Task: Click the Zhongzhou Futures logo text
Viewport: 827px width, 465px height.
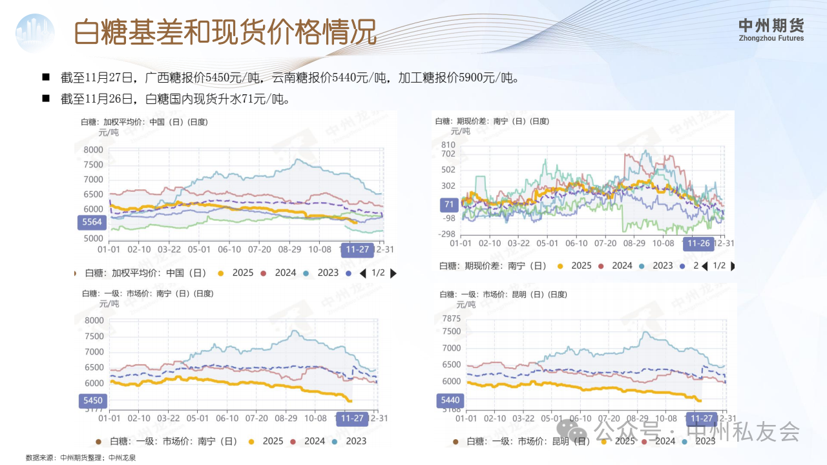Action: [x=771, y=30]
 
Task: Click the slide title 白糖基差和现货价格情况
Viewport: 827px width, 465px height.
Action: [x=225, y=32]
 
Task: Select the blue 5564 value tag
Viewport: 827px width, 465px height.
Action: [x=90, y=222]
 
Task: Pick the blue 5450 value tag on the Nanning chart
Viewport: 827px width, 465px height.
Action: [x=91, y=400]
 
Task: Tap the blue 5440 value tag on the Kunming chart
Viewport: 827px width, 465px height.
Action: [x=450, y=400]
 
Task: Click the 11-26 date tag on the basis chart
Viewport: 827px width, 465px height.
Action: [x=698, y=243]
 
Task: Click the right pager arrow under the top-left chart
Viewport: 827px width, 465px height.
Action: [x=393, y=273]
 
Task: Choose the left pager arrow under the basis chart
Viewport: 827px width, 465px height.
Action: [x=704, y=266]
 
